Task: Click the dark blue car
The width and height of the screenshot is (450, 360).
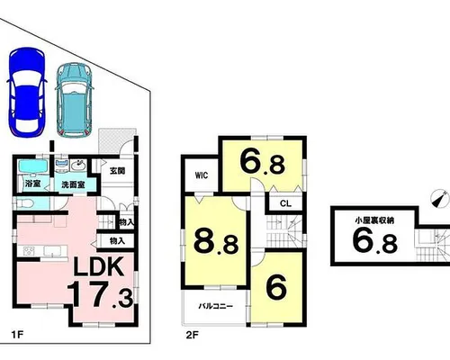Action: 27,92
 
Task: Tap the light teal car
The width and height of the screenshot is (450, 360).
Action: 74,100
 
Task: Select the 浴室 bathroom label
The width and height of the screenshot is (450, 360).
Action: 32,184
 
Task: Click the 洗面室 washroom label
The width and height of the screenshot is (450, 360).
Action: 73,184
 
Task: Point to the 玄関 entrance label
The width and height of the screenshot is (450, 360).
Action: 117,171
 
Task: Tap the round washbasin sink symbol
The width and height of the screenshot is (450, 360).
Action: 79,165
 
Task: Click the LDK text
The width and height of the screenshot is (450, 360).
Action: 99,266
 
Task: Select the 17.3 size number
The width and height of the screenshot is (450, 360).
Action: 100,294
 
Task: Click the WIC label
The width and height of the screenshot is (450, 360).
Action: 202,175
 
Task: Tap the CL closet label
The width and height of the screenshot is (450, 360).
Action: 285,203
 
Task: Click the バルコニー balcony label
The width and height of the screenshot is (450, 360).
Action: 215,306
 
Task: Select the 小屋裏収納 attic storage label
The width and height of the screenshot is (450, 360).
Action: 374,220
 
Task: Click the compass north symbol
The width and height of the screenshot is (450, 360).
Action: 439,198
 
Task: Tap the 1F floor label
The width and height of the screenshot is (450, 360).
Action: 17,335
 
